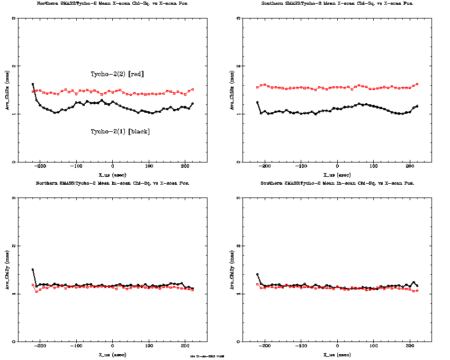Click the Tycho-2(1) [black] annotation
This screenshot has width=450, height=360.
click(120, 131)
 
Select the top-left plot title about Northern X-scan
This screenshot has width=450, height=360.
click(113, 4)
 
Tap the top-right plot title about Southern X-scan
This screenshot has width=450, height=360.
click(337, 4)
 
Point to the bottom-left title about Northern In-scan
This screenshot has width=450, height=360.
click(113, 183)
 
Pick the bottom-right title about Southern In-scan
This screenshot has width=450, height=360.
click(337, 183)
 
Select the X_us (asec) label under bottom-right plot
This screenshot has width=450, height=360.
click(337, 354)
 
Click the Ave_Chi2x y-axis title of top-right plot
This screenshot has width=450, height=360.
click(231, 91)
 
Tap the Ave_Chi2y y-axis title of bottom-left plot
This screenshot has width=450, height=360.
click(7, 270)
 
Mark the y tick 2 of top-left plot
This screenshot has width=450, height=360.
click(14, 66)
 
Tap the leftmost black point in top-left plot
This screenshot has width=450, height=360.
click(33, 84)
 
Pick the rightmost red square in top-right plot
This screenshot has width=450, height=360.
click(417, 84)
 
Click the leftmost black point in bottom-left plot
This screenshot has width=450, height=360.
click(33, 269)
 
